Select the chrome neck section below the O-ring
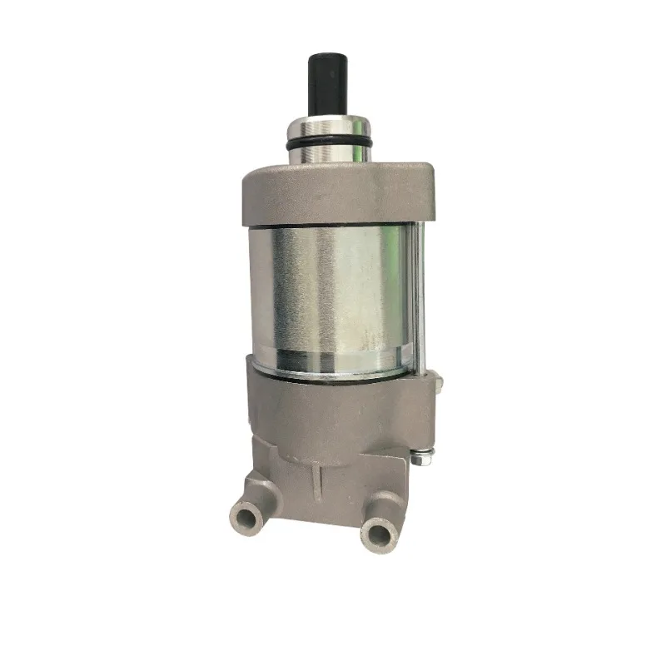[x=328, y=157]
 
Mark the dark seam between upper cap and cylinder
[x=333, y=227]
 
